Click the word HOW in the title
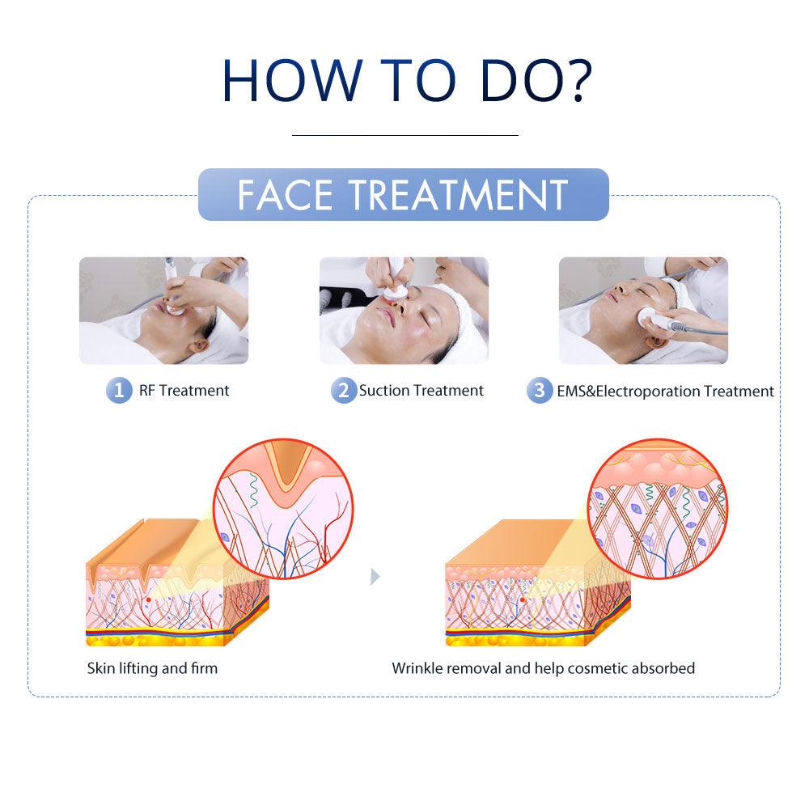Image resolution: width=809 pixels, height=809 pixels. click(293, 80)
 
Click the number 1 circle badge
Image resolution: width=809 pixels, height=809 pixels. click(119, 390)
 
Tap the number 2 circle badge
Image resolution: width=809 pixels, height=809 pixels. click(344, 390)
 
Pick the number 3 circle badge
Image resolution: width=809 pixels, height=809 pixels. click(540, 390)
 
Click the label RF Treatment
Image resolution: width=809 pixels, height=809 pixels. click(184, 391)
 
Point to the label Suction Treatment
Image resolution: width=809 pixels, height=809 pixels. click(421, 391)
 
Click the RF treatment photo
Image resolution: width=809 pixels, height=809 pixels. click(163, 311)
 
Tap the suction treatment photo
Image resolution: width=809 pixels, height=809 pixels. click(404, 311)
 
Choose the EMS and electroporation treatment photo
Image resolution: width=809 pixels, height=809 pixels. click(643, 311)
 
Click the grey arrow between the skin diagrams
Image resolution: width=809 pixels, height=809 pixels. click(375, 576)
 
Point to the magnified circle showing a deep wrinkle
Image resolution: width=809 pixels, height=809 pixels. click(283, 509)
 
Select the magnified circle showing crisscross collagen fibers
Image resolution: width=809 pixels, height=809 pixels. click(657, 509)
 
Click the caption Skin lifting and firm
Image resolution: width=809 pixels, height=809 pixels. click(152, 669)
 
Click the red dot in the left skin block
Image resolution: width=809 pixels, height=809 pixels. click(149, 599)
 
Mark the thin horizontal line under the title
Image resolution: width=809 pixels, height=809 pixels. click(405, 135)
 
